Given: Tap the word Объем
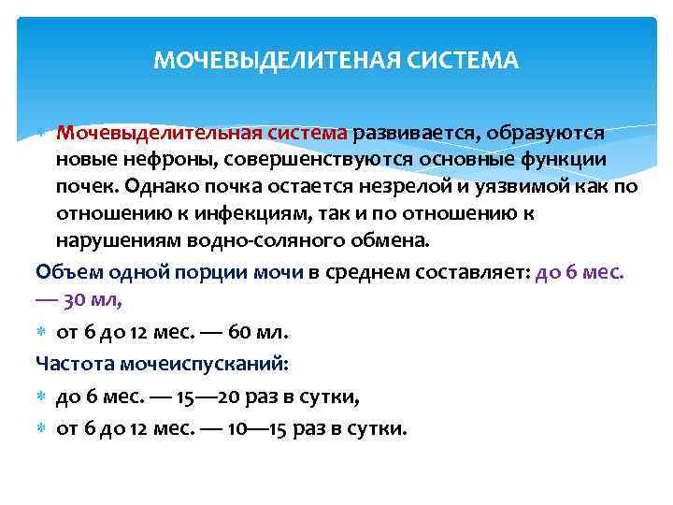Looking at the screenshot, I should coord(62,273).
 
